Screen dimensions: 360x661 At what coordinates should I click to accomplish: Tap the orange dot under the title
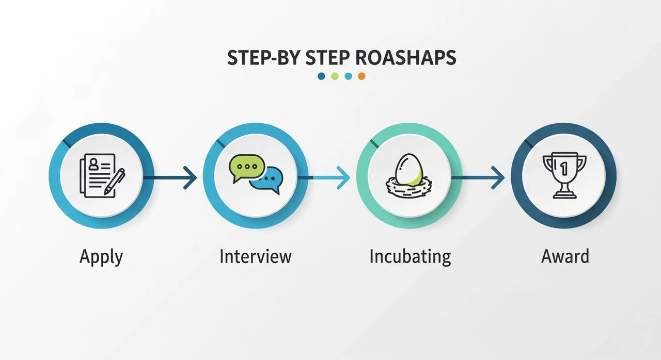tap(361, 76)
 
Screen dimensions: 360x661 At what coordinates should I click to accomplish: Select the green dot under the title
tap(335, 76)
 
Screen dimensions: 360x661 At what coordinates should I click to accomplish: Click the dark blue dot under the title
tap(321, 76)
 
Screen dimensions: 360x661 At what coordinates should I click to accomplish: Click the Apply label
tap(101, 256)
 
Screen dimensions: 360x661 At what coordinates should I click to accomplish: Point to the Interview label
tap(255, 256)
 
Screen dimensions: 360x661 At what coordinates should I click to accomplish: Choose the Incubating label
tap(410, 256)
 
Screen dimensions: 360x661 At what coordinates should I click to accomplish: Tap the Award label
tap(565, 256)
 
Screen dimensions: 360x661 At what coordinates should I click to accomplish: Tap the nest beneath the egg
tap(408, 187)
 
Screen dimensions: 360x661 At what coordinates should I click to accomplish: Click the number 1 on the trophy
tap(563, 168)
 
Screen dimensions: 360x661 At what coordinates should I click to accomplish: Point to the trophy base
tap(563, 194)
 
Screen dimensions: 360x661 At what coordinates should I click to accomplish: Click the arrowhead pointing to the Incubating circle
tap(344, 177)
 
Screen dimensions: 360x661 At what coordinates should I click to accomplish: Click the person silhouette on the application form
tap(94, 163)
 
